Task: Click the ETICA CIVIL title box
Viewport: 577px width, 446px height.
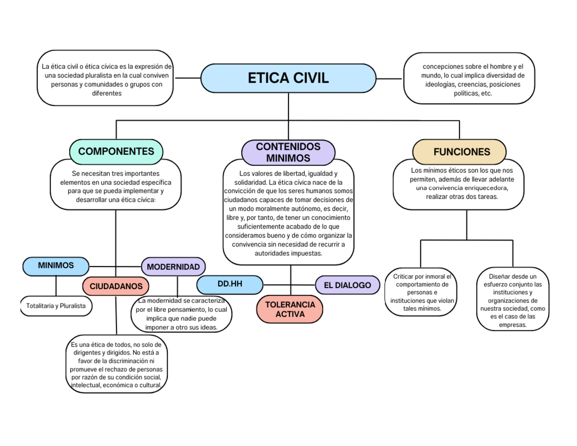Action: (288, 78)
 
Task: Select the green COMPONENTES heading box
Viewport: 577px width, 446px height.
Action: (116, 151)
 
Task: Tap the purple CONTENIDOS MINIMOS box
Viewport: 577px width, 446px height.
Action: (288, 152)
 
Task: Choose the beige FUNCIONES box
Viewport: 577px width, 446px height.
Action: (459, 152)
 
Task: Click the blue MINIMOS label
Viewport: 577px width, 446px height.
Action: (56, 266)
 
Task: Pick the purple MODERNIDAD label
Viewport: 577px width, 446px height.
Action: (173, 267)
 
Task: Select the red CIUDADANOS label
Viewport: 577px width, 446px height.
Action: (116, 286)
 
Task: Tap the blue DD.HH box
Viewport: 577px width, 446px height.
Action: (229, 284)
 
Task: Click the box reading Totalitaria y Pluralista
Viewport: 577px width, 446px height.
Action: (56, 306)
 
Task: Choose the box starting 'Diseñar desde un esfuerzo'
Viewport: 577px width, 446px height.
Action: (513, 301)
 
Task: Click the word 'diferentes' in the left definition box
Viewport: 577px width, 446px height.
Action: (106, 93)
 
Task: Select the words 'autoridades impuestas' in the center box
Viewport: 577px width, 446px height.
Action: (288, 253)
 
